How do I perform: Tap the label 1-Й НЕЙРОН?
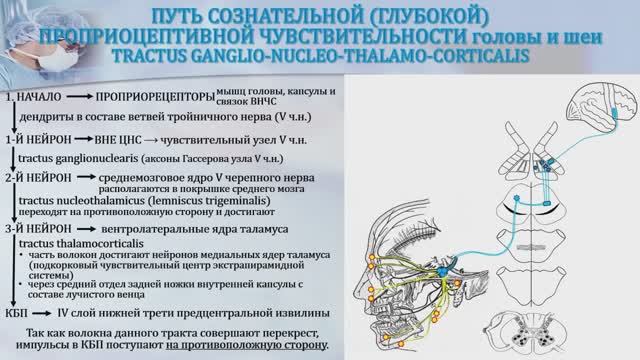tap(41, 140)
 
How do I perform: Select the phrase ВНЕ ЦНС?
tap(127, 140)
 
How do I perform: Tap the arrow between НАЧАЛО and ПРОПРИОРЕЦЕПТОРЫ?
tap(81, 99)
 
